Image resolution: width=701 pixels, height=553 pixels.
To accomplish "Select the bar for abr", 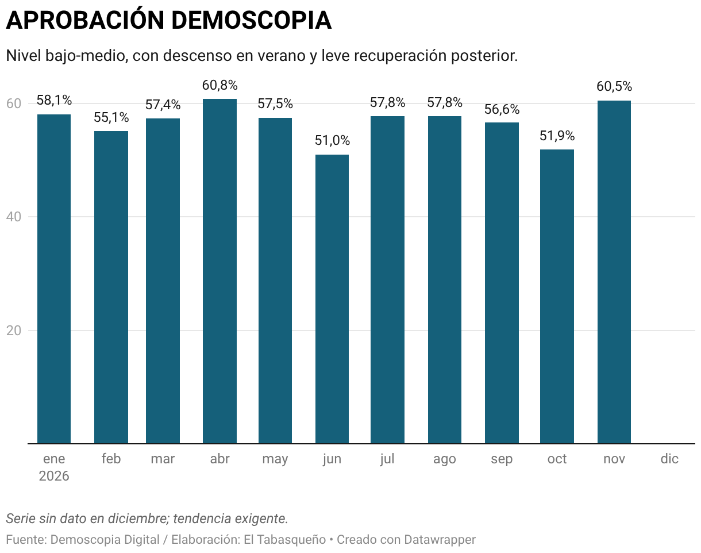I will point(219,271).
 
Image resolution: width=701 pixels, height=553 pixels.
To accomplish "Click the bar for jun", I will point(332,299).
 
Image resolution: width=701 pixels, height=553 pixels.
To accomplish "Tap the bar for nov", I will point(614,272).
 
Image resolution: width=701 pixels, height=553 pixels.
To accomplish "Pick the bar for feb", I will point(111,287).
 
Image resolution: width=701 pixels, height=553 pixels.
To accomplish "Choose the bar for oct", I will point(557,296).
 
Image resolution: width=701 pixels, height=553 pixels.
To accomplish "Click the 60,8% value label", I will point(219,85).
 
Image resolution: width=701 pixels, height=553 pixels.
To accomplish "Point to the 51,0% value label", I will point(332,141).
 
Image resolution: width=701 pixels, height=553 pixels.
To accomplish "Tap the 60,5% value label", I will point(614,87).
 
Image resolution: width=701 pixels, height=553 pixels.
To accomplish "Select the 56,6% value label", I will point(502,109).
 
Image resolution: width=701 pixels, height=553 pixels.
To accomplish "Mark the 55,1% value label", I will point(111,118).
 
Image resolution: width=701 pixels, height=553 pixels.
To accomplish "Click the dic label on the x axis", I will point(669,459).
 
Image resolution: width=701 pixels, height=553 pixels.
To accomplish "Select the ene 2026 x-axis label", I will point(54,467).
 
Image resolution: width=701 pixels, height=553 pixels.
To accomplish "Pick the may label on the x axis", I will point(275,459).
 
